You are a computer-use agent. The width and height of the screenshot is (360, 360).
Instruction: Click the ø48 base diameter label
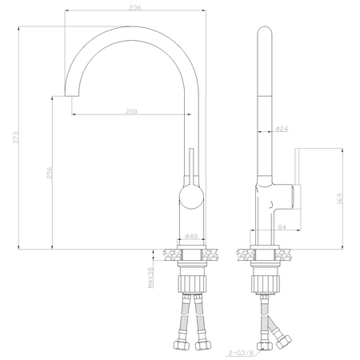point(191,237)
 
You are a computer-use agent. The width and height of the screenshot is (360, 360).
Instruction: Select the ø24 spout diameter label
point(282,128)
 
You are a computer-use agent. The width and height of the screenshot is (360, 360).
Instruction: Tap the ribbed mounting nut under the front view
point(191,284)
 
